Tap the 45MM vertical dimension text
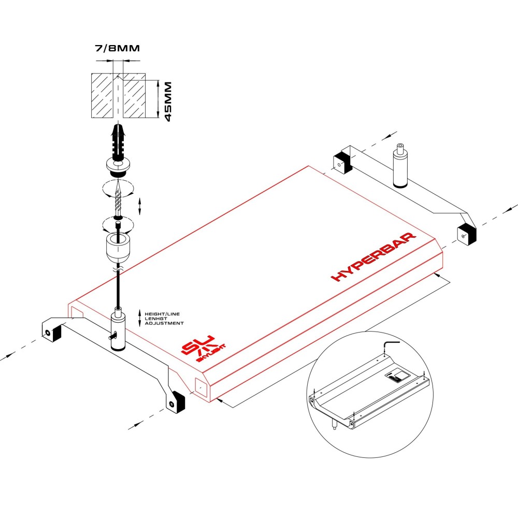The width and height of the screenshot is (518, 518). (x=168, y=101)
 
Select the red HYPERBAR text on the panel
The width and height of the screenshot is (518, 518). (x=373, y=257)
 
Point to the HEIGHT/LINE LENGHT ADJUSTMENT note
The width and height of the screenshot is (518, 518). (x=164, y=318)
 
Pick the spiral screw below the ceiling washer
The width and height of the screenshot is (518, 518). (x=118, y=197)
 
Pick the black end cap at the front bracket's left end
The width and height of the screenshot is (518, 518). (x=52, y=332)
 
